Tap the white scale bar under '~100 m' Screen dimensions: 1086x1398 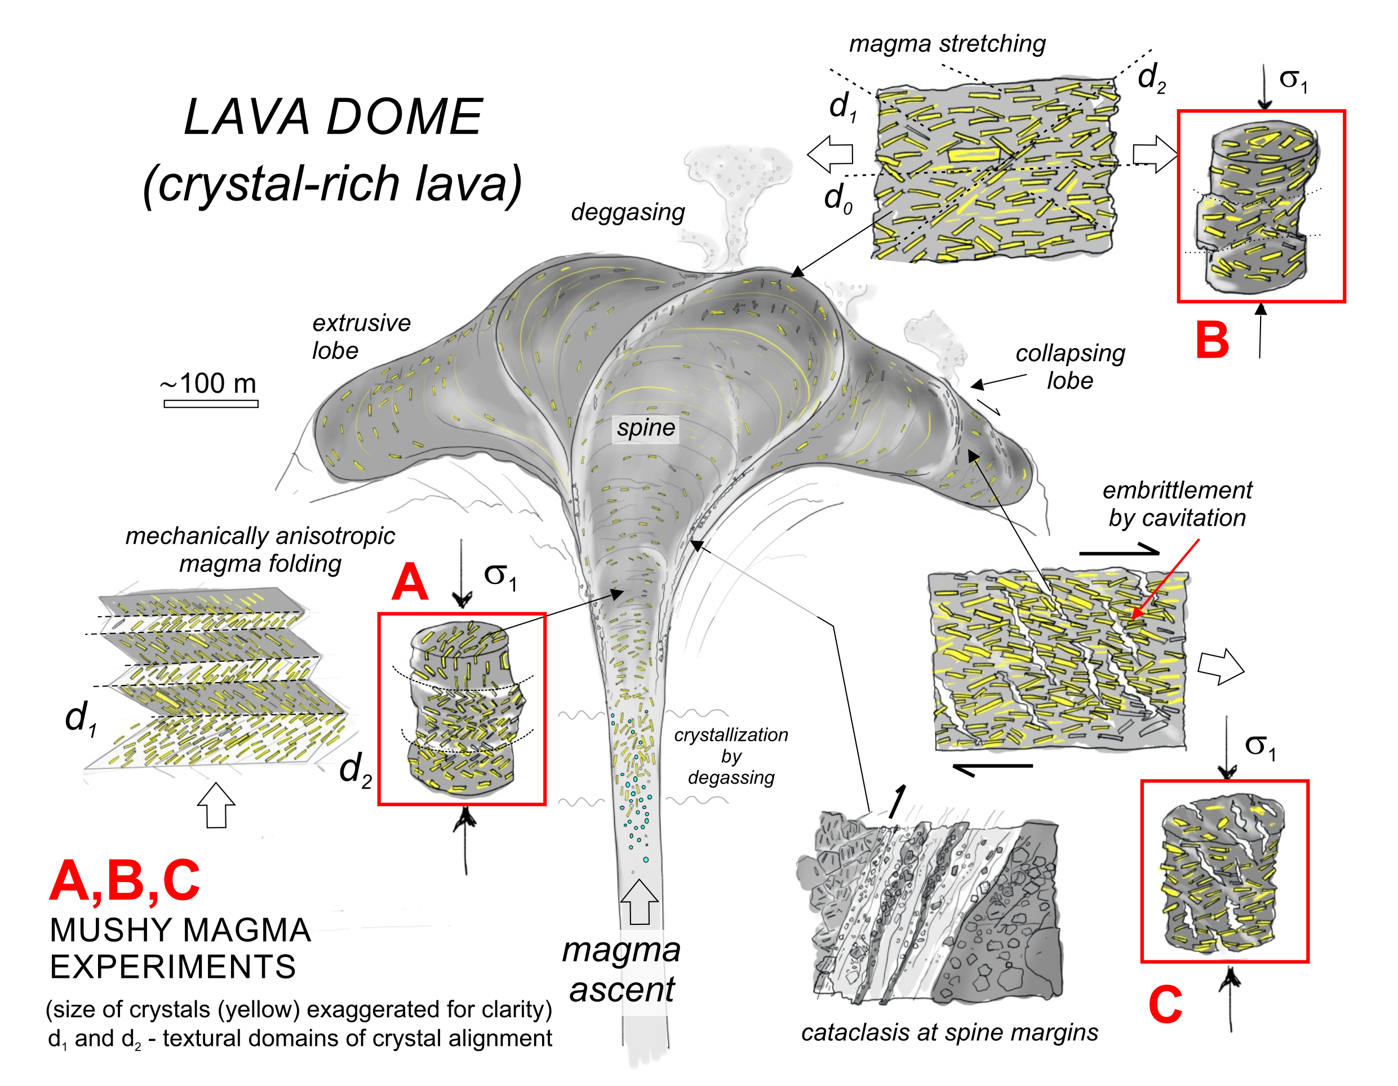click(x=211, y=404)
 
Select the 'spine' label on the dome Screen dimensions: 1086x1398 click(x=645, y=428)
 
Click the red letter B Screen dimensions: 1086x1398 click(x=1211, y=340)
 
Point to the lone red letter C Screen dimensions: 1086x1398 click(x=1165, y=1005)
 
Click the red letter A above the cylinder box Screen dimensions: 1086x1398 click(x=410, y=582)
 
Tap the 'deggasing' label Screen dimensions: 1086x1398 click(x=627, y=212)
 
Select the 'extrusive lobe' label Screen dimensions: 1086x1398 click(x=361, y=337)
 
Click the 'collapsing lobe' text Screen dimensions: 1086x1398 click(x=1069, y=367)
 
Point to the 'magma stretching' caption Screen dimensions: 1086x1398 click(x=947, y=43)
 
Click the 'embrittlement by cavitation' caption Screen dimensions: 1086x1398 click(x=1177, y=504)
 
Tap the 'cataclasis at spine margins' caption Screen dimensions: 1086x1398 click(x=949, y=1032)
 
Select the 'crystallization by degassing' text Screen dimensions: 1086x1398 click(x=730, y=756)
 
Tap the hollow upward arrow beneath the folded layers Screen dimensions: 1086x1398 click(x=216, y=805)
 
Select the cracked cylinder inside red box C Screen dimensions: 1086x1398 click(x=1223, y=874)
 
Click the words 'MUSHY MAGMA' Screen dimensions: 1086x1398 click(x=180, y=930)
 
